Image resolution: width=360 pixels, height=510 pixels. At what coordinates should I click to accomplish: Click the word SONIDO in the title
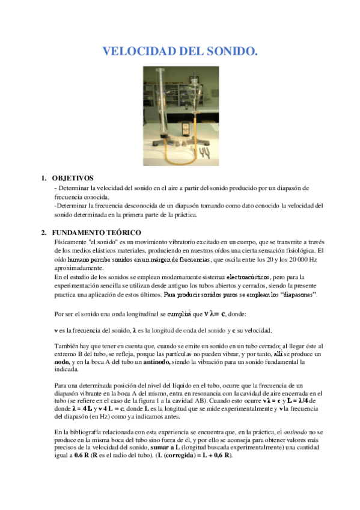point(227,52)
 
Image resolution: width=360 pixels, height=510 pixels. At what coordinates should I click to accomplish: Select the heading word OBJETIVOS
point(73,178)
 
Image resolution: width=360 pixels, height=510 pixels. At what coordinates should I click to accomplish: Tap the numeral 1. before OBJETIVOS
point(43,178)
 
